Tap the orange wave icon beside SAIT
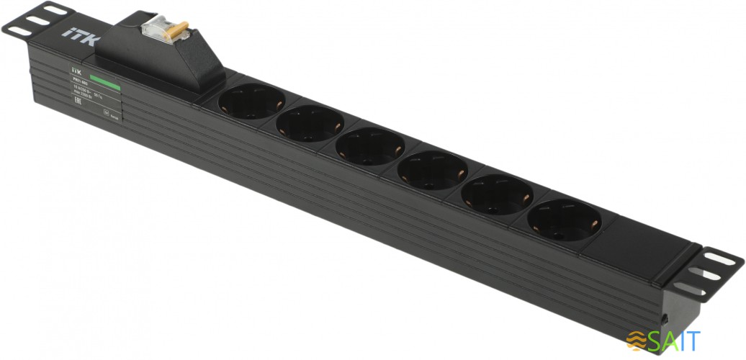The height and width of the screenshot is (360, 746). [637, 339]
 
